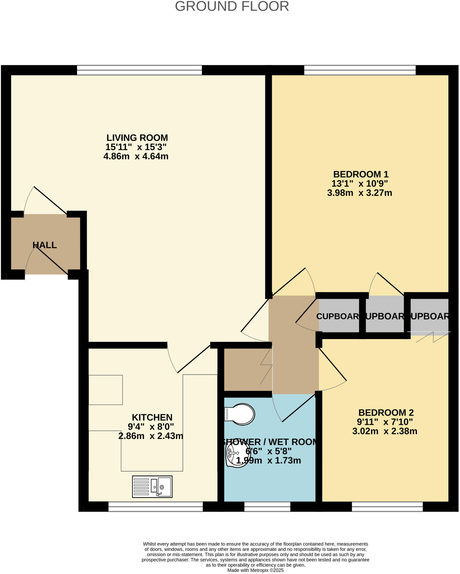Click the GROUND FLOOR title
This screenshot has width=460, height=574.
(x=232, y=6)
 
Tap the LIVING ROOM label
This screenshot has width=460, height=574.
(x=137, y=138)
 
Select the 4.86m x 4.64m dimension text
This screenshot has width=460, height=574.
(x=136, y=156)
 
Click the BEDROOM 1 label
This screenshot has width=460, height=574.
(x=361, y=174)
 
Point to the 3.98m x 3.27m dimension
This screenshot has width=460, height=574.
(x=359, y=193)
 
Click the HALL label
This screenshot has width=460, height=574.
(x=45, y=245)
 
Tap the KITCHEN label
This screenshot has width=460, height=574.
(x=152, y=417)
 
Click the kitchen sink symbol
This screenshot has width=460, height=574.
(x=152, y=487)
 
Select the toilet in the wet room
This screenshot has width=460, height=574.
(x=240, y=414)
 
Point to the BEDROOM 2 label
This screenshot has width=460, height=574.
(x=386, y=413)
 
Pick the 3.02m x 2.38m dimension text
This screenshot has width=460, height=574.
(x=385, y=431)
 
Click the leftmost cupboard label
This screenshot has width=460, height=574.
(x=338, y=316)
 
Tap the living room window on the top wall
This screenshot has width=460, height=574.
(x=139, y=70)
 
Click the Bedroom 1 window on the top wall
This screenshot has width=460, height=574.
(x=360, y=70)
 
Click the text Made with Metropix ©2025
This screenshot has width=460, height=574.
(x=255, y=570)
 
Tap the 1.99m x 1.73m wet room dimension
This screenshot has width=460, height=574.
(x=268, y=460)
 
